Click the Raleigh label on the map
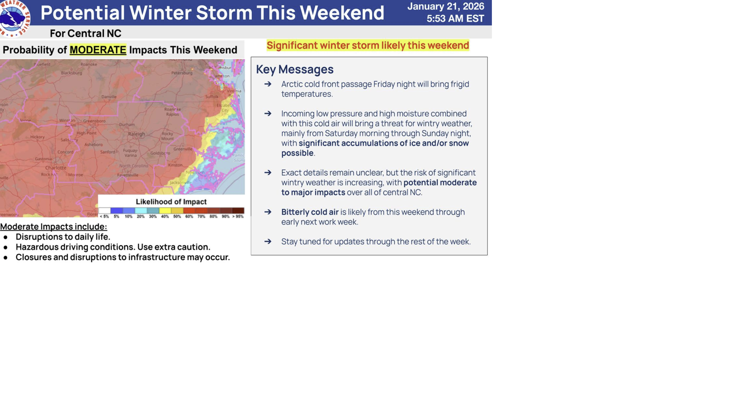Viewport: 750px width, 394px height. pyautogui.click(x=136, y=134)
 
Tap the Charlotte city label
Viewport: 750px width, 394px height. pyautogui.click(x=55, y=168)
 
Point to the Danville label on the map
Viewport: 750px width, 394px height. pyautogui.click(x=109, y=97)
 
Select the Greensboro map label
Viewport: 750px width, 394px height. pyautogui.click(x=94, y=121)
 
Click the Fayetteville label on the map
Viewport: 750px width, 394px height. pyautogui.click(x=128, y=175)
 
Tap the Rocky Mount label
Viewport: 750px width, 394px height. pyautogui.click(x=167, y=136)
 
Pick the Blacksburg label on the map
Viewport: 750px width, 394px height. pyautogui.click(x=71, y=73)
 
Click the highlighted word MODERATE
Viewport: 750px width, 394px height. pyautogui.click(x=98, y=50)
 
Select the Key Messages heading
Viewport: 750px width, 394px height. pyautogui.click(x=295, y=69)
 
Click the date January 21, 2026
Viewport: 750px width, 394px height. pyautogui.click(x=445, y=6)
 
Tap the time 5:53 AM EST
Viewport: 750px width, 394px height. pyautogui.click(x=455, y=19)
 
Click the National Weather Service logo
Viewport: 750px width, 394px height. pyautogui.click(x=15, y=18)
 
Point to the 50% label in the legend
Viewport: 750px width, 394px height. pyautogui.click(x=177, y=216)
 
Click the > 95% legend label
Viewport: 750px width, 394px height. pyautogui.click(x=238, y=216)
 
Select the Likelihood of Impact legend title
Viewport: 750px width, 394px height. pyautogui.click(x=171, y=202)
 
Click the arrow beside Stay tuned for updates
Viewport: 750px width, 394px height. pyautogui.click(x=268, y=241)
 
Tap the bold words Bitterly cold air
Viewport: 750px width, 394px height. pyautogui.click(x=310, y=212)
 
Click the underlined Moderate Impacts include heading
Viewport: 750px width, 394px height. pyautogui.click(x=54, y=227)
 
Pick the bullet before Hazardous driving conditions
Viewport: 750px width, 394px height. pyautogui.click(x=5, y=247)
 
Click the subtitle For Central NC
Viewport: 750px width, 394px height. pyautogui.click(x=85, y=33)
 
